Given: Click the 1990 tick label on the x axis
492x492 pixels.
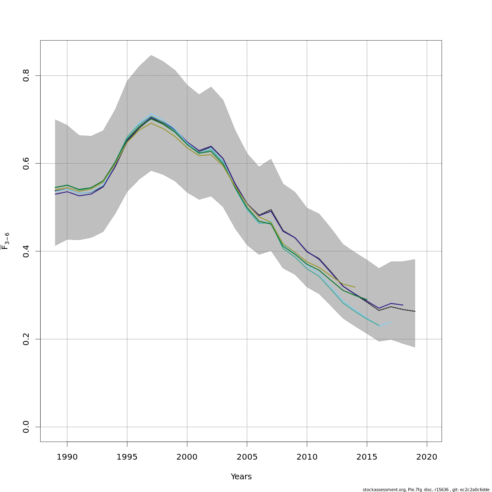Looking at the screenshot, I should click(67, 457).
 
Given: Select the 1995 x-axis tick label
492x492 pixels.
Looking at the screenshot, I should click(127, 457).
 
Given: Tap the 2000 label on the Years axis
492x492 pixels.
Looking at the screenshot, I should click(187, 457).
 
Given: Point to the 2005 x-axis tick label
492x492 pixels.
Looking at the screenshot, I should click(247, 457).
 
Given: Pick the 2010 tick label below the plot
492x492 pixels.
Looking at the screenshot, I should click(307, 457).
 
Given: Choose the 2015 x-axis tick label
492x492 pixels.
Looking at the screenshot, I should click(367, 457).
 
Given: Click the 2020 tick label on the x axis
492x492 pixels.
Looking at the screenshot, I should click(427, 457).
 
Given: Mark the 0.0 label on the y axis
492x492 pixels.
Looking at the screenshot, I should click(26, 427).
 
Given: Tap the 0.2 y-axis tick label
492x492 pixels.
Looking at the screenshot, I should click(26, 339).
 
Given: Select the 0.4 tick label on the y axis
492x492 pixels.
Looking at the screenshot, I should click(26, 251).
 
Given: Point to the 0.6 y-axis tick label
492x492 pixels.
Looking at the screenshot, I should click(26, 163).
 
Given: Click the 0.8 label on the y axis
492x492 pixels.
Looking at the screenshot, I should click(26, 75).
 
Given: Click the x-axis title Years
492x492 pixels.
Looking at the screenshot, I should click(241, 477).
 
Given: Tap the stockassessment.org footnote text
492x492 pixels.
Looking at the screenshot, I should click(426, 490).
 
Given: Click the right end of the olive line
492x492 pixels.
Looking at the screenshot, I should click(355, 287).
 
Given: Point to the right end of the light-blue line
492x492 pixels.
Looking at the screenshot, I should click(391, 322).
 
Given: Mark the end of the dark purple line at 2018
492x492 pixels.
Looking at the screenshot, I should click(403, 305).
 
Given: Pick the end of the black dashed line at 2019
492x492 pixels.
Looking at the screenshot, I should click(415, 312).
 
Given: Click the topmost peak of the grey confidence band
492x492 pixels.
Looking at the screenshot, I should click(151, 55).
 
